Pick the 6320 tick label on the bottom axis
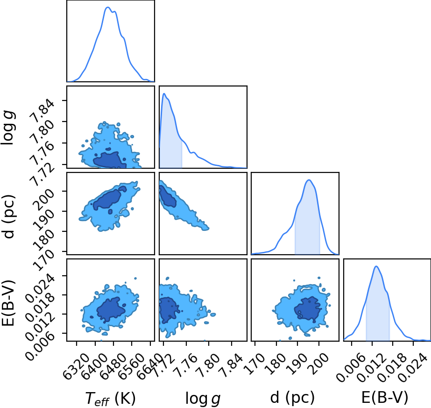pyautogui.click(x=77, y=363)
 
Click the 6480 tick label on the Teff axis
pyautogui.click(x=113, y=363)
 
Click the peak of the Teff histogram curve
pyautogui.click(x=108, y=7)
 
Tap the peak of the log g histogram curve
pyautogui.click(x=164, y=93)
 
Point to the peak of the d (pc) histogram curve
pyautogui.click(x=309, y=180)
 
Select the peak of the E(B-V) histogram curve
pyautogui.click(x=376, y=266)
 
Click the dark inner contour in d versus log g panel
pyautogui.click(x=168, y=196)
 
